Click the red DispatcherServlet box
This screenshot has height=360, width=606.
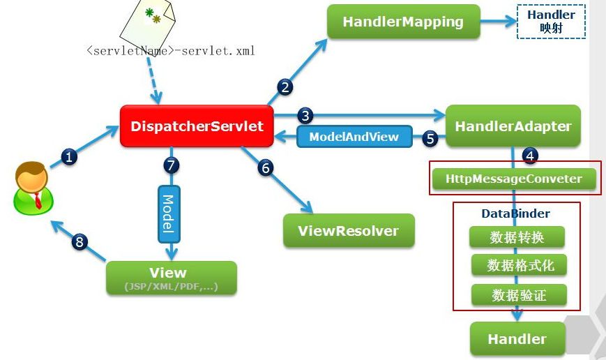tap(197, 126)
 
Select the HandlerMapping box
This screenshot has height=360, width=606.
tap(403, 22)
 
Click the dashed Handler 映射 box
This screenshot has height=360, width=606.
tap(551, 22)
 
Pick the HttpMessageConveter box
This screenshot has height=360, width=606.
tap(515, 179)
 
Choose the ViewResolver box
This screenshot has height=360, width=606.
tap(349, 231)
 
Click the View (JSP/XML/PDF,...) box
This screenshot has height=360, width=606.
tap(171, 278)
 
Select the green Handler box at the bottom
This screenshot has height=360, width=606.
tap(517, 339)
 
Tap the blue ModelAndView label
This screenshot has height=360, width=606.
tap(354, 137)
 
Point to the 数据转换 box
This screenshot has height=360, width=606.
tap(517, 237)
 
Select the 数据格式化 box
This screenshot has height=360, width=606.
tap(517, 265)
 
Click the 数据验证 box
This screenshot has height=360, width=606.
tap(517, 295)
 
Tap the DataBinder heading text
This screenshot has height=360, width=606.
tap(515, 213)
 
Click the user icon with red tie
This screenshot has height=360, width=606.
tap(32, 187)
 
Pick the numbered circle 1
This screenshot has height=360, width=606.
tap(69, 157)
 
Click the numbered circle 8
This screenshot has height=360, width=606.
tap(80, 242)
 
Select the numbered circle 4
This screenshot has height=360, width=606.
tap(530, 155)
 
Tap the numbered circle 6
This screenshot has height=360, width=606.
tap(264, 167)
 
